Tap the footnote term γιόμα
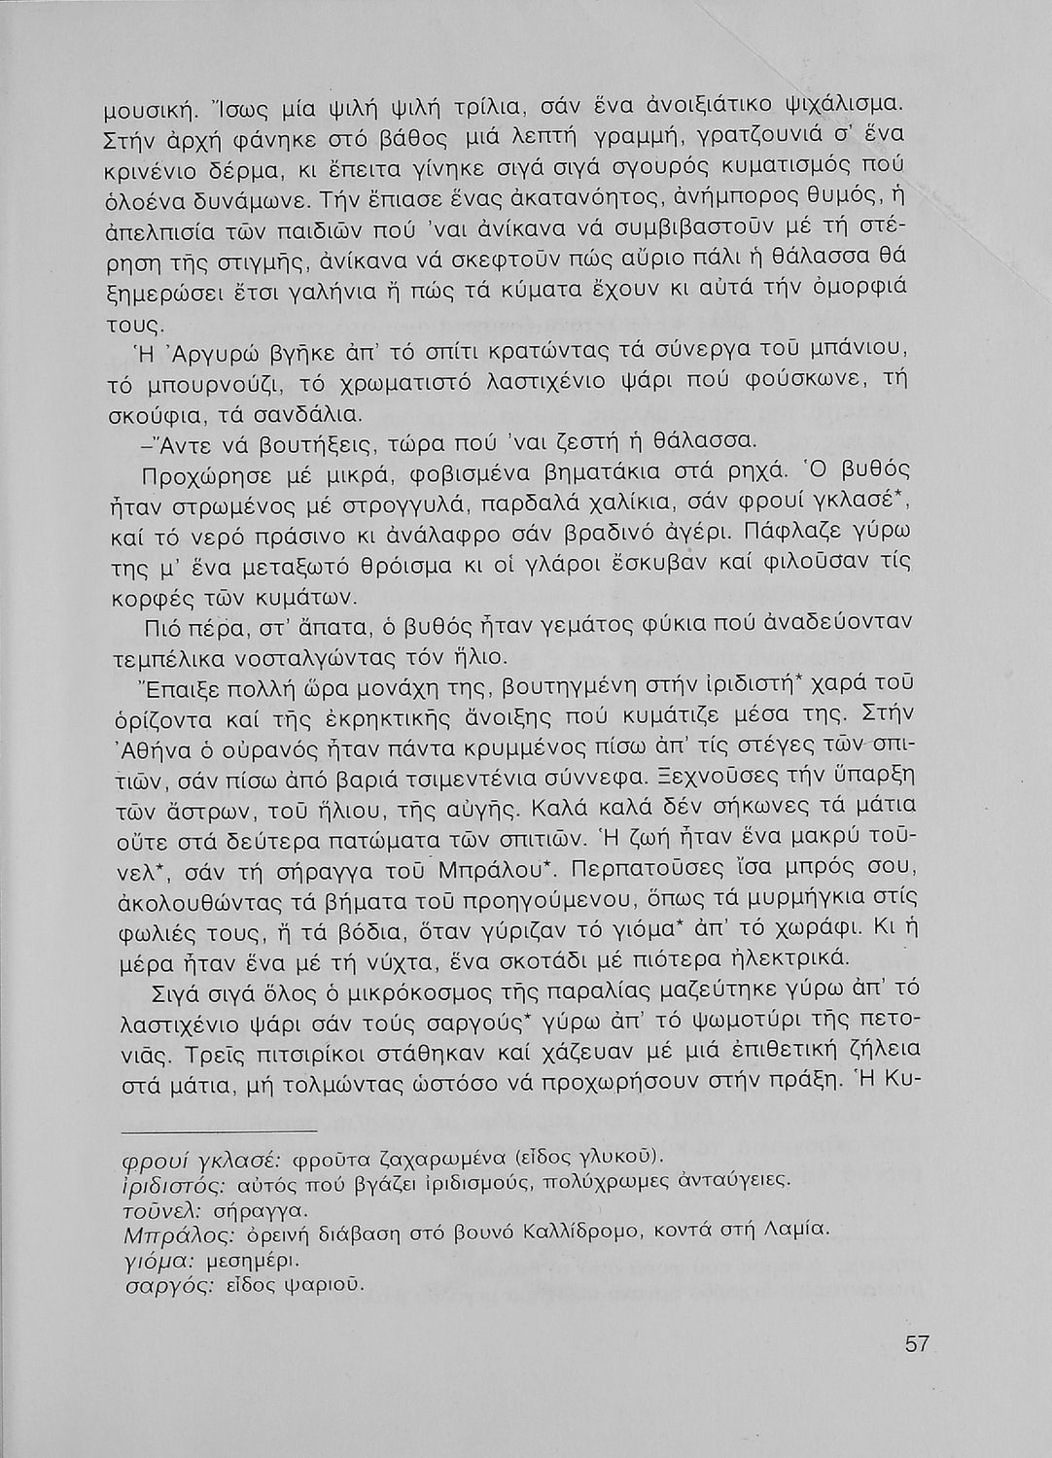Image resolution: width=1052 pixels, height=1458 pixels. tap(155, 1260)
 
